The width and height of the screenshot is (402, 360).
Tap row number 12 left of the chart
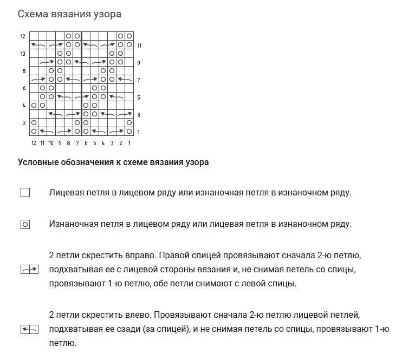coord(23,36)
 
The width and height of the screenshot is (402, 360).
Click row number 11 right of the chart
coord(139,45)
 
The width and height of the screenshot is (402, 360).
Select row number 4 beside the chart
coord(24,106)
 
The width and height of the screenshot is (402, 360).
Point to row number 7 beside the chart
coord(139,80)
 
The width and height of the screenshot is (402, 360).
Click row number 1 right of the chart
coord(139,132)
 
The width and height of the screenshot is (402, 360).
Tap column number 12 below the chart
coord(34,143)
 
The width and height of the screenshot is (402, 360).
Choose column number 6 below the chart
coord(86,143)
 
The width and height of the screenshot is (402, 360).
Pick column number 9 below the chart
coord(60,143)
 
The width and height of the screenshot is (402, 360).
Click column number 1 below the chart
coord(129,143)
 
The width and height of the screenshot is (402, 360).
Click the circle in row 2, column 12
coord(34,123)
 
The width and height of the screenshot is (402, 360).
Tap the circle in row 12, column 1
coord(129,36)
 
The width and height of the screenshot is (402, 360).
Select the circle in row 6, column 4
coord(103,88)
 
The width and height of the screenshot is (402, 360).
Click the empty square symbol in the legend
coord(25,192)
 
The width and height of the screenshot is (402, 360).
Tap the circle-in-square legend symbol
coord(25,224)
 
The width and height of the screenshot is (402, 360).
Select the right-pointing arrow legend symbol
coord(29,269)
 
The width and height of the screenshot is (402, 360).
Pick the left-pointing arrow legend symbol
coord(29,329)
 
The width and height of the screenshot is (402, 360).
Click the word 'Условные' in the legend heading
coord(36,162)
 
